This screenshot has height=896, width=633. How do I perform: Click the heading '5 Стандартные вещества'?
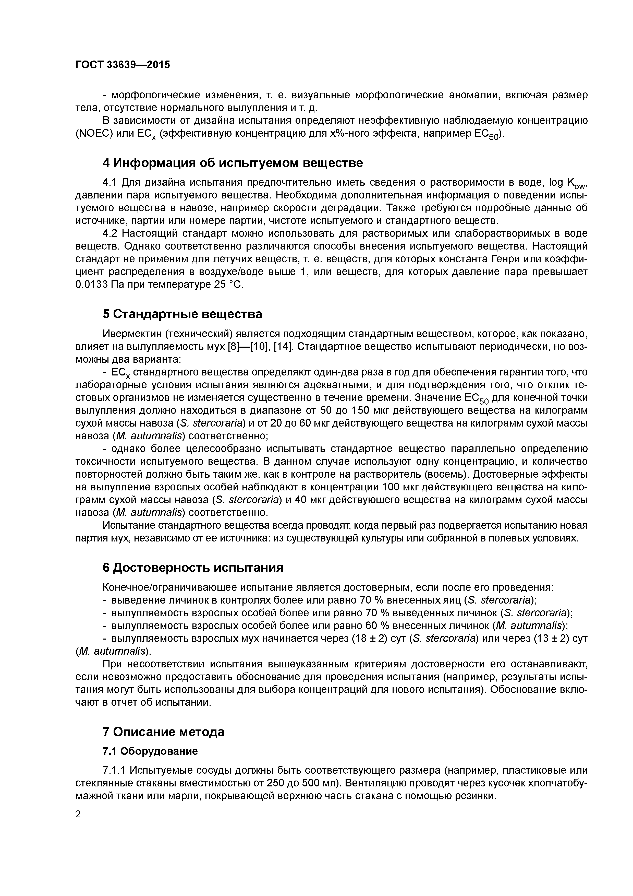tap(182, 314)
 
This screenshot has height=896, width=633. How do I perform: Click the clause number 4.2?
tap(109, 233)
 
